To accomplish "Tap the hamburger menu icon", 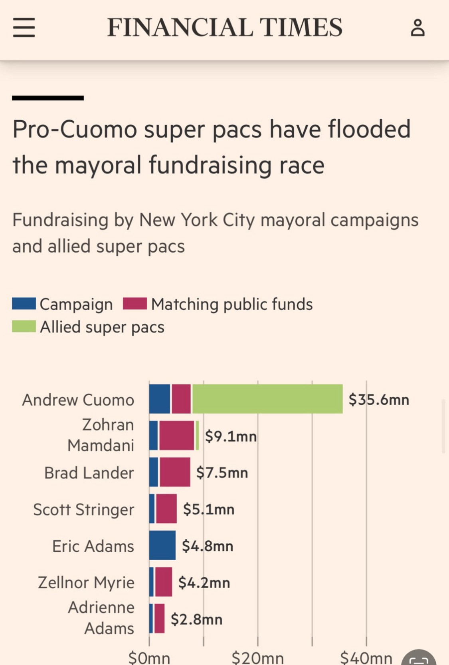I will point(24,28).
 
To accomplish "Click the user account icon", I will point(417,28).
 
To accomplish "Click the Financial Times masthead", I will point(225,28).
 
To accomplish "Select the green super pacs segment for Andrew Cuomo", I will point(267,399).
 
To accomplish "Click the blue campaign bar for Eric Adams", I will point(162,546).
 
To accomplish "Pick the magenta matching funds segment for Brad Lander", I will point(175,472).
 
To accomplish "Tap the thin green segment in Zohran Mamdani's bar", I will point(197,436).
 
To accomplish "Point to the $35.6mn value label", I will point(379,400).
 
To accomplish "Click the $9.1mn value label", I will point(231,436).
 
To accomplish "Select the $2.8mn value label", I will point(196,619).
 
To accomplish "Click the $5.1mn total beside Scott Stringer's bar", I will point(209,509).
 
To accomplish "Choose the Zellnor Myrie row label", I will point(86,583).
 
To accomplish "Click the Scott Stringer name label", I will point(83,510).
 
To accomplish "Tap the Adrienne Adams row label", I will point(101,618).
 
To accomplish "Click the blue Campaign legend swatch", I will point(24,304).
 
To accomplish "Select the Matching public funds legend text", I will point(232,304).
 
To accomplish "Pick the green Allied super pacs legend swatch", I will point(24,327).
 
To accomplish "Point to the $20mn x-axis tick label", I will point(257,657).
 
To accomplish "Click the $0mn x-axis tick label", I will point(149,657).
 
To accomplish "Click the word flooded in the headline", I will point(369,129).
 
